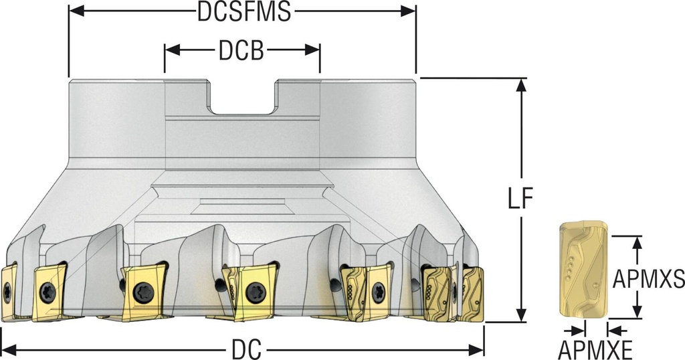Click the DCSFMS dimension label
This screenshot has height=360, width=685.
point(244,12)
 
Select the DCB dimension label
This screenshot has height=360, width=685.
point(241,50)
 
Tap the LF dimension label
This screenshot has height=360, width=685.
point(520,199)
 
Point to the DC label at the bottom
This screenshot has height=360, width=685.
point(247,349)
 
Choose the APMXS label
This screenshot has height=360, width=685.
point(648,279)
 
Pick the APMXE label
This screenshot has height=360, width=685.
point(595,350)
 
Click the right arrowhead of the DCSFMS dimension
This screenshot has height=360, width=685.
point(408,12)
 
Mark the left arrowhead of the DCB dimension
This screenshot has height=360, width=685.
point(172,50)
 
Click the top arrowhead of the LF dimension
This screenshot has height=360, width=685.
point(520,85)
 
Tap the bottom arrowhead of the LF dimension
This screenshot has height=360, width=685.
point(520,314)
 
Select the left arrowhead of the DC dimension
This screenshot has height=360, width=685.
point(9,349)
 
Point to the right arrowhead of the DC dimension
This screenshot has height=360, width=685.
point(476,349)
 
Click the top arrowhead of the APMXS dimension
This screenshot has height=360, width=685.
point(638,244)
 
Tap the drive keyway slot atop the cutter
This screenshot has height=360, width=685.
point(243,97)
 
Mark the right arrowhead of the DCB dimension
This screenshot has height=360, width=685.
point(312,50)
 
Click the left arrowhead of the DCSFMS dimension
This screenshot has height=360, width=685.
point(76,12)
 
